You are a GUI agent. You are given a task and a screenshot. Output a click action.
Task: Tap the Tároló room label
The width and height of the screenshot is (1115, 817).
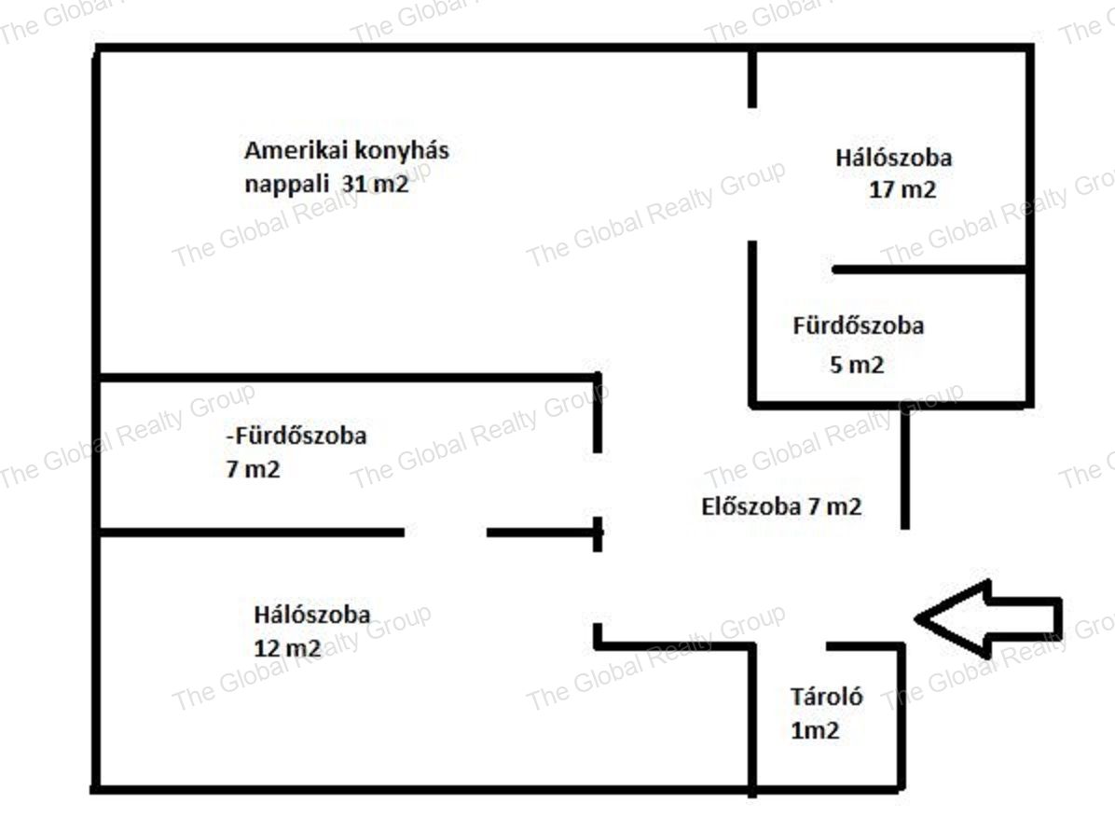click(826, 696)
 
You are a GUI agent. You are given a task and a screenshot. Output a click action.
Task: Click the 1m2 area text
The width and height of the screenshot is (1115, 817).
click(815, 730)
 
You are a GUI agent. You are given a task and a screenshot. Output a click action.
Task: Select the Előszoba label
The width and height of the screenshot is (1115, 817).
click(750, 506)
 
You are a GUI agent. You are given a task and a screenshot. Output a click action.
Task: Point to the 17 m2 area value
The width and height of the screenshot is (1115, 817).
click(902, 189)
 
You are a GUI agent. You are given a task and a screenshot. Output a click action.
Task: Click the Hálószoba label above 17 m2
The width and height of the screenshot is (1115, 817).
click(894, 158)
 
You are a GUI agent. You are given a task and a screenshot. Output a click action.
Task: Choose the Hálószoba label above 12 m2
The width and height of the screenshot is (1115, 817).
click(312, 615)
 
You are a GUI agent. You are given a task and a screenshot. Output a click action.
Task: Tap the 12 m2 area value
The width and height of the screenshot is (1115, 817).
click(287, 648)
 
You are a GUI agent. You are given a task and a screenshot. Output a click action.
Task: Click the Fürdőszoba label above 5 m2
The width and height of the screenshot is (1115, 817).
click(859, 325)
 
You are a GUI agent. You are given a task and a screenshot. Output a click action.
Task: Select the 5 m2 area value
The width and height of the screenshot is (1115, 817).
click(857, 365)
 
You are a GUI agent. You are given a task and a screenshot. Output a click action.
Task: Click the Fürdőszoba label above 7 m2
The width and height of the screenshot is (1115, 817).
click(296, 436)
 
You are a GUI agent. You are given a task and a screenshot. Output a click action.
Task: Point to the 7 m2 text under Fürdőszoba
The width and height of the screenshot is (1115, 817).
click(254, 470)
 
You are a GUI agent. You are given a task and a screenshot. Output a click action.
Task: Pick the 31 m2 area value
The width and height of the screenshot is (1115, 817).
click(376, 185)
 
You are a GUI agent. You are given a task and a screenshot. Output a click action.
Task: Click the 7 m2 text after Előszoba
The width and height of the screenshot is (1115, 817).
click(834, 506)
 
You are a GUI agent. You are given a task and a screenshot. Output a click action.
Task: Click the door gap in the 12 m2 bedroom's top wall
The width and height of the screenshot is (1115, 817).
click(445, 533)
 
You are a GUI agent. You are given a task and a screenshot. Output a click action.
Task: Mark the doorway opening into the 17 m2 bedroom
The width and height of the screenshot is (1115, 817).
click(752, 174)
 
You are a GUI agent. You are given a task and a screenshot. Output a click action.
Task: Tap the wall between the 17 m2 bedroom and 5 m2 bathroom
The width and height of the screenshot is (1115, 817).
click(929, 270)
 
